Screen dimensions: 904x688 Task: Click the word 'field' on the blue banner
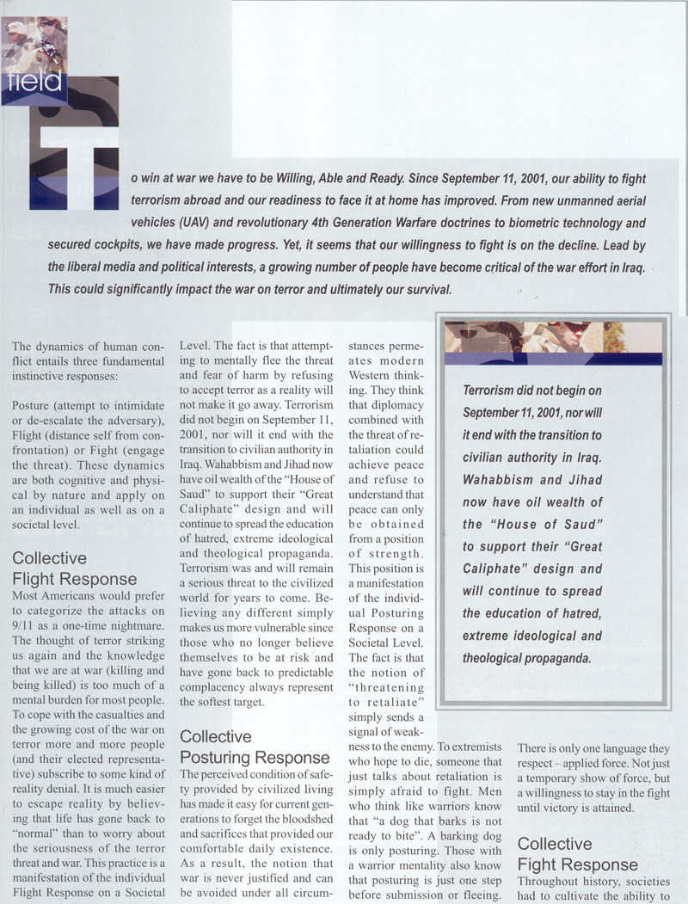pyautogui.click(x=37, y=83)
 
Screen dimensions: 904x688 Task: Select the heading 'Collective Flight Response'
pyautogui.click(x=74, y=569)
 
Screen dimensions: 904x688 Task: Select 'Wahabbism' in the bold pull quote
pyautogui.click(x=501, y=479)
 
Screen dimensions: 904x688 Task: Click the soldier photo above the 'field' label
pyautogui.click(x=34, y=43)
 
